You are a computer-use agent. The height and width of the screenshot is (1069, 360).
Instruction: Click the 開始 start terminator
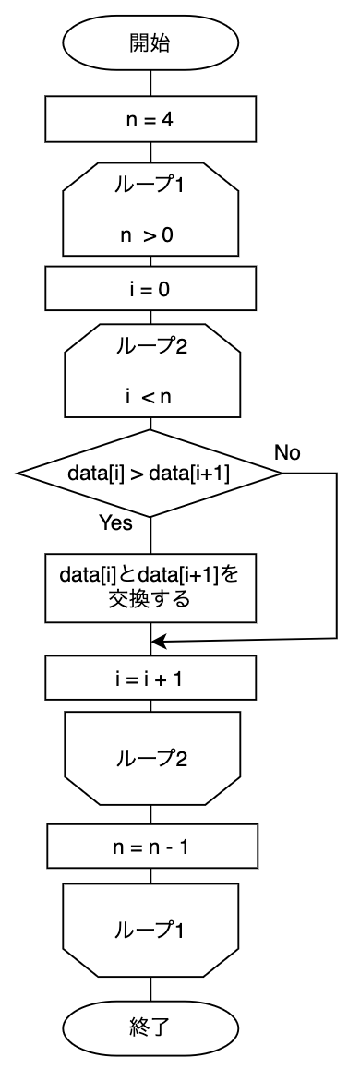[150, 43]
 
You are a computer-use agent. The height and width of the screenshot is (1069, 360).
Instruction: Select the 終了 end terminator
[150, 1025]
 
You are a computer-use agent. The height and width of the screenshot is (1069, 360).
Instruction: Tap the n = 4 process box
[150, 120]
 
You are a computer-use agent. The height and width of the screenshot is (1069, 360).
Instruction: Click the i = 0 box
[150, 289]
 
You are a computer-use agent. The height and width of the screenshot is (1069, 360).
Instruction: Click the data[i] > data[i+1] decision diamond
[150, 474]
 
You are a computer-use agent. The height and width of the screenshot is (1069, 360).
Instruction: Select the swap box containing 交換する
[150, 588]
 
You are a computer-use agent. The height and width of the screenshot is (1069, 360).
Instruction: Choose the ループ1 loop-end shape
[150, 930]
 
